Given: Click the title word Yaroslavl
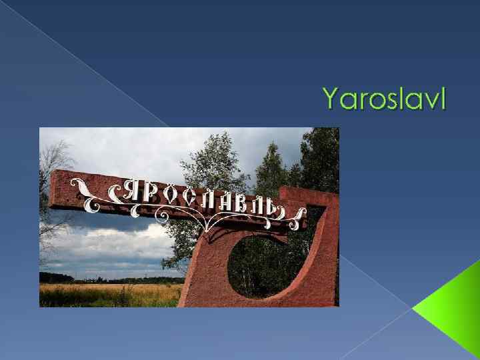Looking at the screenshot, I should coord(385,99).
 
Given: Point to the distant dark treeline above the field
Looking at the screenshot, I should coord(100,279).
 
